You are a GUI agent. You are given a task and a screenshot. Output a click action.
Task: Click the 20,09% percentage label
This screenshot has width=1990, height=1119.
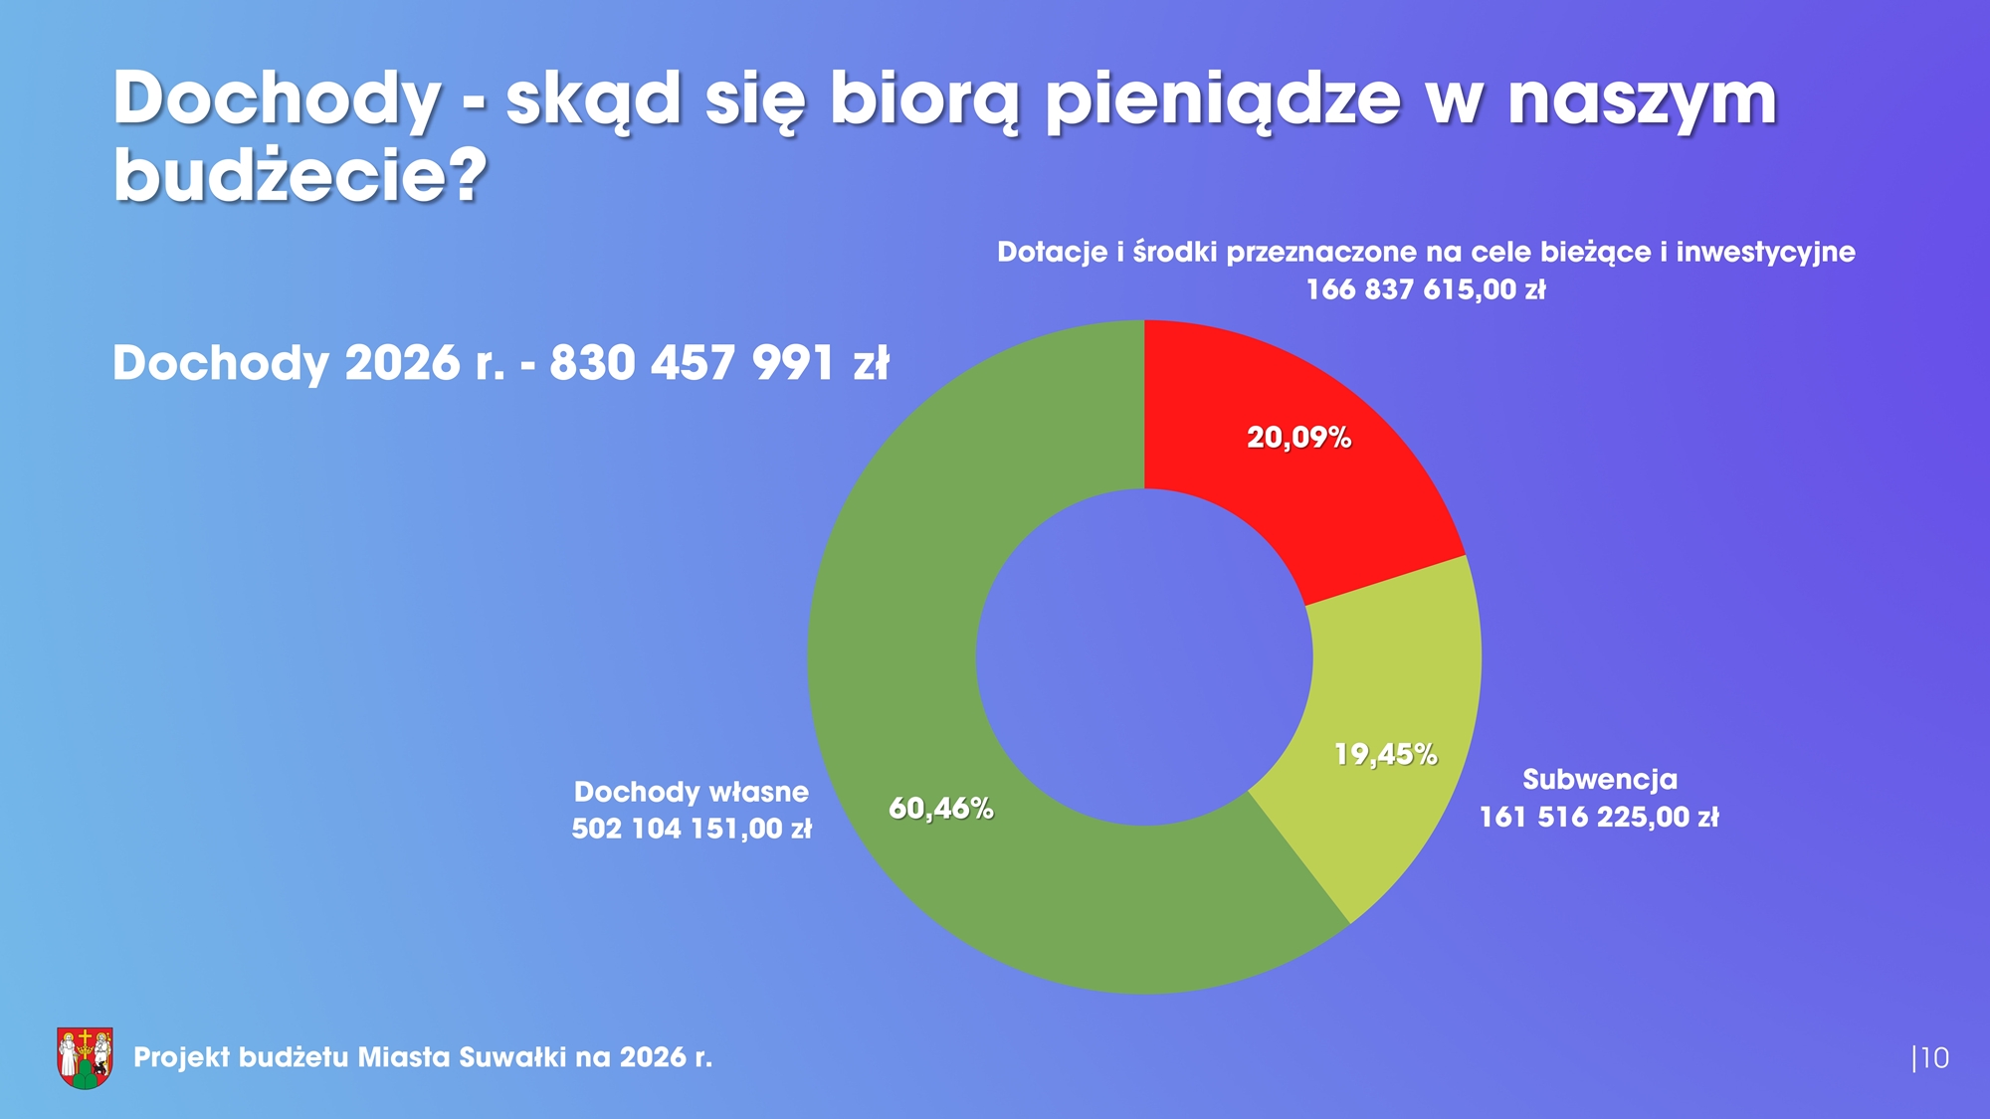(x=1298, y=438)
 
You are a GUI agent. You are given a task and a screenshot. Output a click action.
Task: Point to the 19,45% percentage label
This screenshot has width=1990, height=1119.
(x=1385, y=755)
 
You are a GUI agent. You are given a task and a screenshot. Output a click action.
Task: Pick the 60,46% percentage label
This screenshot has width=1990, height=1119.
(x=940, y=809)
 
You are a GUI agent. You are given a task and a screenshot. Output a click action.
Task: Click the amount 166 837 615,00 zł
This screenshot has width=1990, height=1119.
(x=1425, y=290)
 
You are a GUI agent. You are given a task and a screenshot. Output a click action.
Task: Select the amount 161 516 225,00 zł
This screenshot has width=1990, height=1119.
(x=1598, y=818)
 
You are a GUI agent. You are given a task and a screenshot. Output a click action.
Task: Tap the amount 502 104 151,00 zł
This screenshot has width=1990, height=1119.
(x=691, y=829)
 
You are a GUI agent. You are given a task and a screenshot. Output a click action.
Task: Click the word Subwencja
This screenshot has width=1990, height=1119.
(x=1599, y=780)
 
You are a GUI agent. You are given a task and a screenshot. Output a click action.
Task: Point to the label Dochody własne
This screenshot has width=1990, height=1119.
(x=691, y=792)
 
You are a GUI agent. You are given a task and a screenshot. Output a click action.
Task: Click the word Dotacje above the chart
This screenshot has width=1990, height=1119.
(x=1052, y=253)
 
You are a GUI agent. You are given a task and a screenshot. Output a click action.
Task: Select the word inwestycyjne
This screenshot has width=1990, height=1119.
(x=1765, y=253)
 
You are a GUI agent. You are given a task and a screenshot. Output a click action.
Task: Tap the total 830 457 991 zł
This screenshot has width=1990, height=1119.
(x=718, y=363)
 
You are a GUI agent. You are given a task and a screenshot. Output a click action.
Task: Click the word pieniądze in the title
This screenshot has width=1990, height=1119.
(x=1222, y=99)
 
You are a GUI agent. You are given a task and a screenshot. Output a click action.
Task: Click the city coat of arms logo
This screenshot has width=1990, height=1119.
(x=85, y=1057)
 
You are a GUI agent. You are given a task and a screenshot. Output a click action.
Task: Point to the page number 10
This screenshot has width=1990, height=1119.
(x=1933, y=1058)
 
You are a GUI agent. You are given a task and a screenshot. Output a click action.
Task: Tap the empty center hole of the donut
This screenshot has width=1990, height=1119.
(x=1144, y=657)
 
